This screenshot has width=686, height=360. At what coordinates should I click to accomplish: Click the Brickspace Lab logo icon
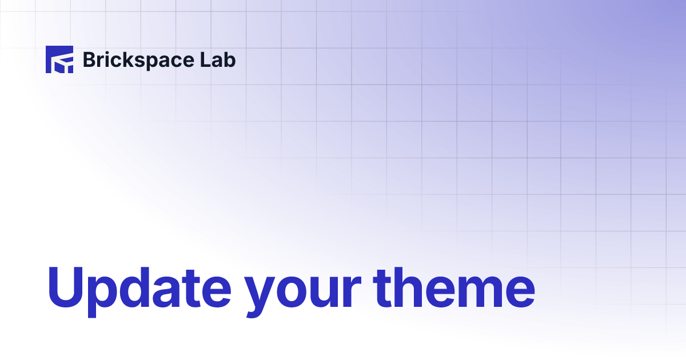pyautogui.click(x=59, y=59)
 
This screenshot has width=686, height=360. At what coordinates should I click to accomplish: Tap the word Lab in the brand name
pyautogui.click(x=220, y=59)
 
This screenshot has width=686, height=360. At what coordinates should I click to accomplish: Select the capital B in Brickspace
pyautogui.click(x=90, y=59)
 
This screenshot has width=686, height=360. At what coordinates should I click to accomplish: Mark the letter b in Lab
pyautogui.click(x=230, y=59)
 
